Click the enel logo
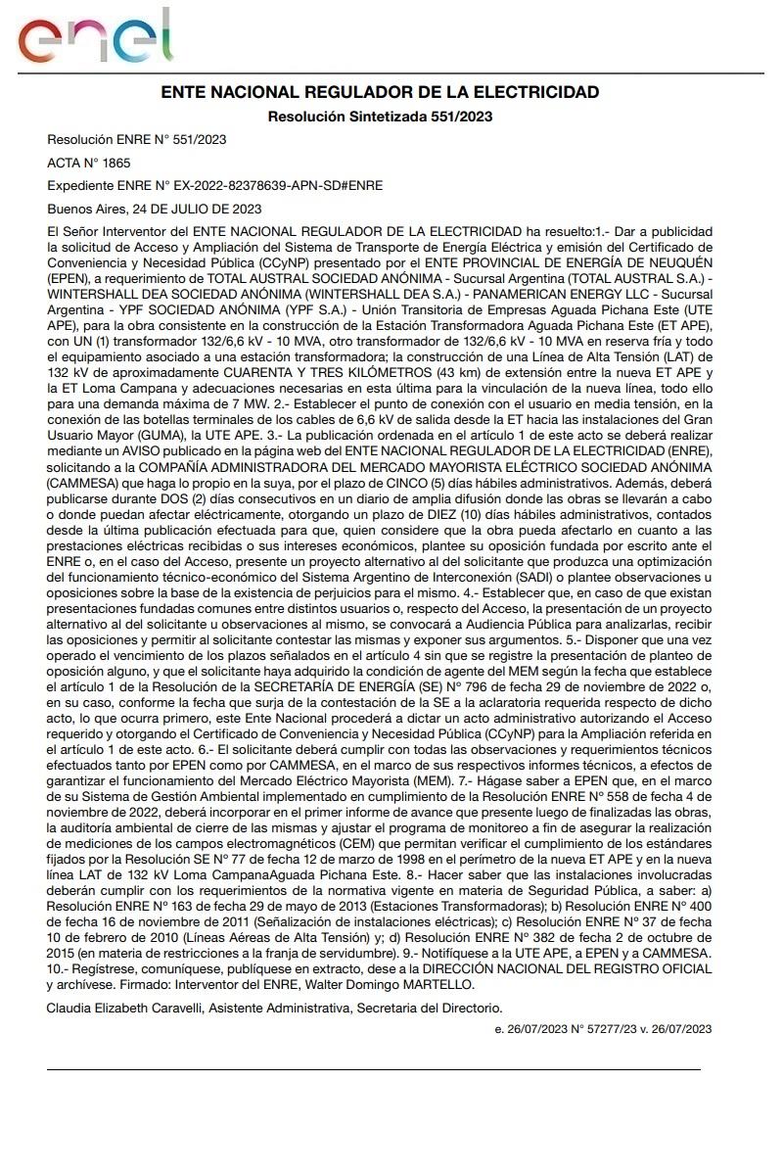click(x=95, y=36)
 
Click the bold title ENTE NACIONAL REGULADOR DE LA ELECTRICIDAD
click(x=380, y=92)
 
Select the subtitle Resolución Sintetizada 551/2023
click(x=380, y=117)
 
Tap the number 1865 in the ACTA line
click(x=115, y=163)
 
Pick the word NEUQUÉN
click(x=675, y=263)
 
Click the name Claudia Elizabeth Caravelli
click(x=125, y=1007)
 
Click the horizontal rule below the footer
click(x=374, y=1069)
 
